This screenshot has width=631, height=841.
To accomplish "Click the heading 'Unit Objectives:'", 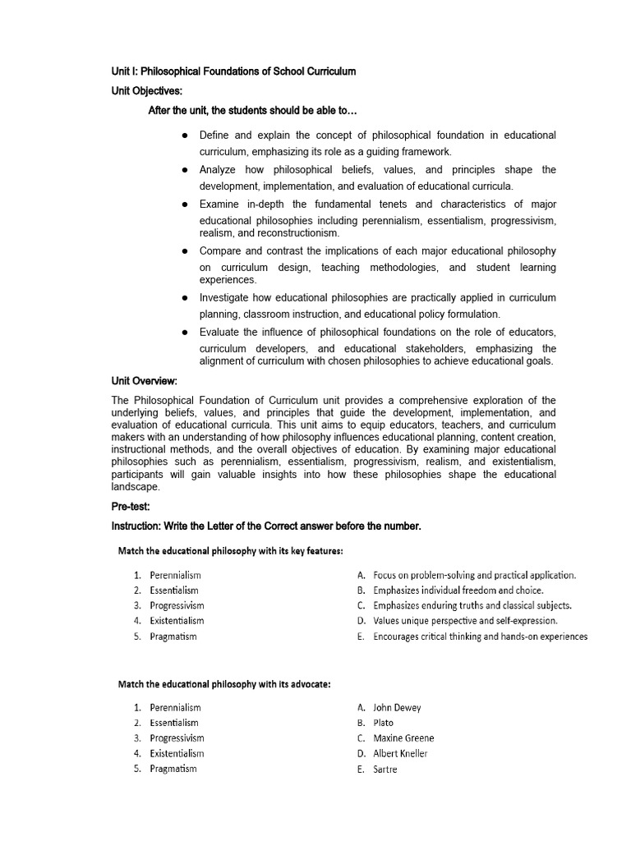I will point(146,90).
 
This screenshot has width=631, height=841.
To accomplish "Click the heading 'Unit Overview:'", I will point(144,381).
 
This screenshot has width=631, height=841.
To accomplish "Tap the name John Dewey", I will point(396,707).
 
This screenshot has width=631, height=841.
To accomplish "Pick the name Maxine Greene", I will point(403,738).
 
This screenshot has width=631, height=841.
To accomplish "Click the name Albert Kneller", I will point(400,754).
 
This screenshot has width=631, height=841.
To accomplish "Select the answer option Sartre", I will point(385,770).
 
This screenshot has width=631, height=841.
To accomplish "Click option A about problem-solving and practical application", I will point(474,575).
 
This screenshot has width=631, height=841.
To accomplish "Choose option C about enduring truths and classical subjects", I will point(472,605).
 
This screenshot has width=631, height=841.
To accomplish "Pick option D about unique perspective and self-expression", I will point(464,621).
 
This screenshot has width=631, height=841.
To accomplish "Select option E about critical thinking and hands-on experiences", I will point(480,636).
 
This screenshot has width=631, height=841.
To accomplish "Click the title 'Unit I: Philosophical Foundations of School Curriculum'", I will point(233,71).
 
